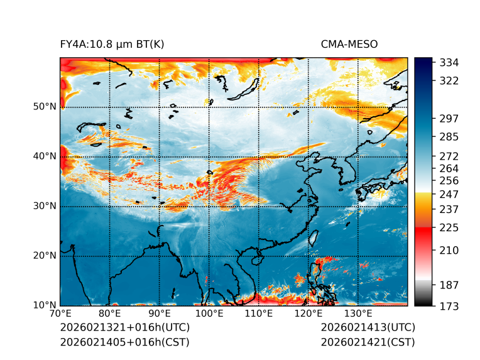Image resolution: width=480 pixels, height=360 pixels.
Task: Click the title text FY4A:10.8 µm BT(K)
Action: pyautogui.click(x=112, y=45)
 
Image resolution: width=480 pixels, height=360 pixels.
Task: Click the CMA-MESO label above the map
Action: pyautogui.click(x=349, y=45)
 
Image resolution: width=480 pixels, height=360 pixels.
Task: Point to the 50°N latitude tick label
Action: pyautogui.click(x=45, y=107)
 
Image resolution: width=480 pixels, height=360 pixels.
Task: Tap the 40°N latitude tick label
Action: pyautogui.click(x=45, y=156)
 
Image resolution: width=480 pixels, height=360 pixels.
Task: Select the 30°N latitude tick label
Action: pyautogui.click(x=45, y=206)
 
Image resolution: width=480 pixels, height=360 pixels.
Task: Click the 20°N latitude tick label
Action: pyautogui.click(x=45, y=256)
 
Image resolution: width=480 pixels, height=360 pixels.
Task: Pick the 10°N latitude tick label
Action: pyautogui.click(x=45, y=305)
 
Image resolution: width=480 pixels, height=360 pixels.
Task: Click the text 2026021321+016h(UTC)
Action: pyautogui.click(x=124, y=327)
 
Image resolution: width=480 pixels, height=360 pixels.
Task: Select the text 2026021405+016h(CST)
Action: pyautogui.click(x=124, y=342)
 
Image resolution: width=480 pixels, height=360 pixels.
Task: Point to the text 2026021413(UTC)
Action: pyautogui.click(x=368, y=327)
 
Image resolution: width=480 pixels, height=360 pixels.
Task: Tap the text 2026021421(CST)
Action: pyautogui.click(x=368, y=342)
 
